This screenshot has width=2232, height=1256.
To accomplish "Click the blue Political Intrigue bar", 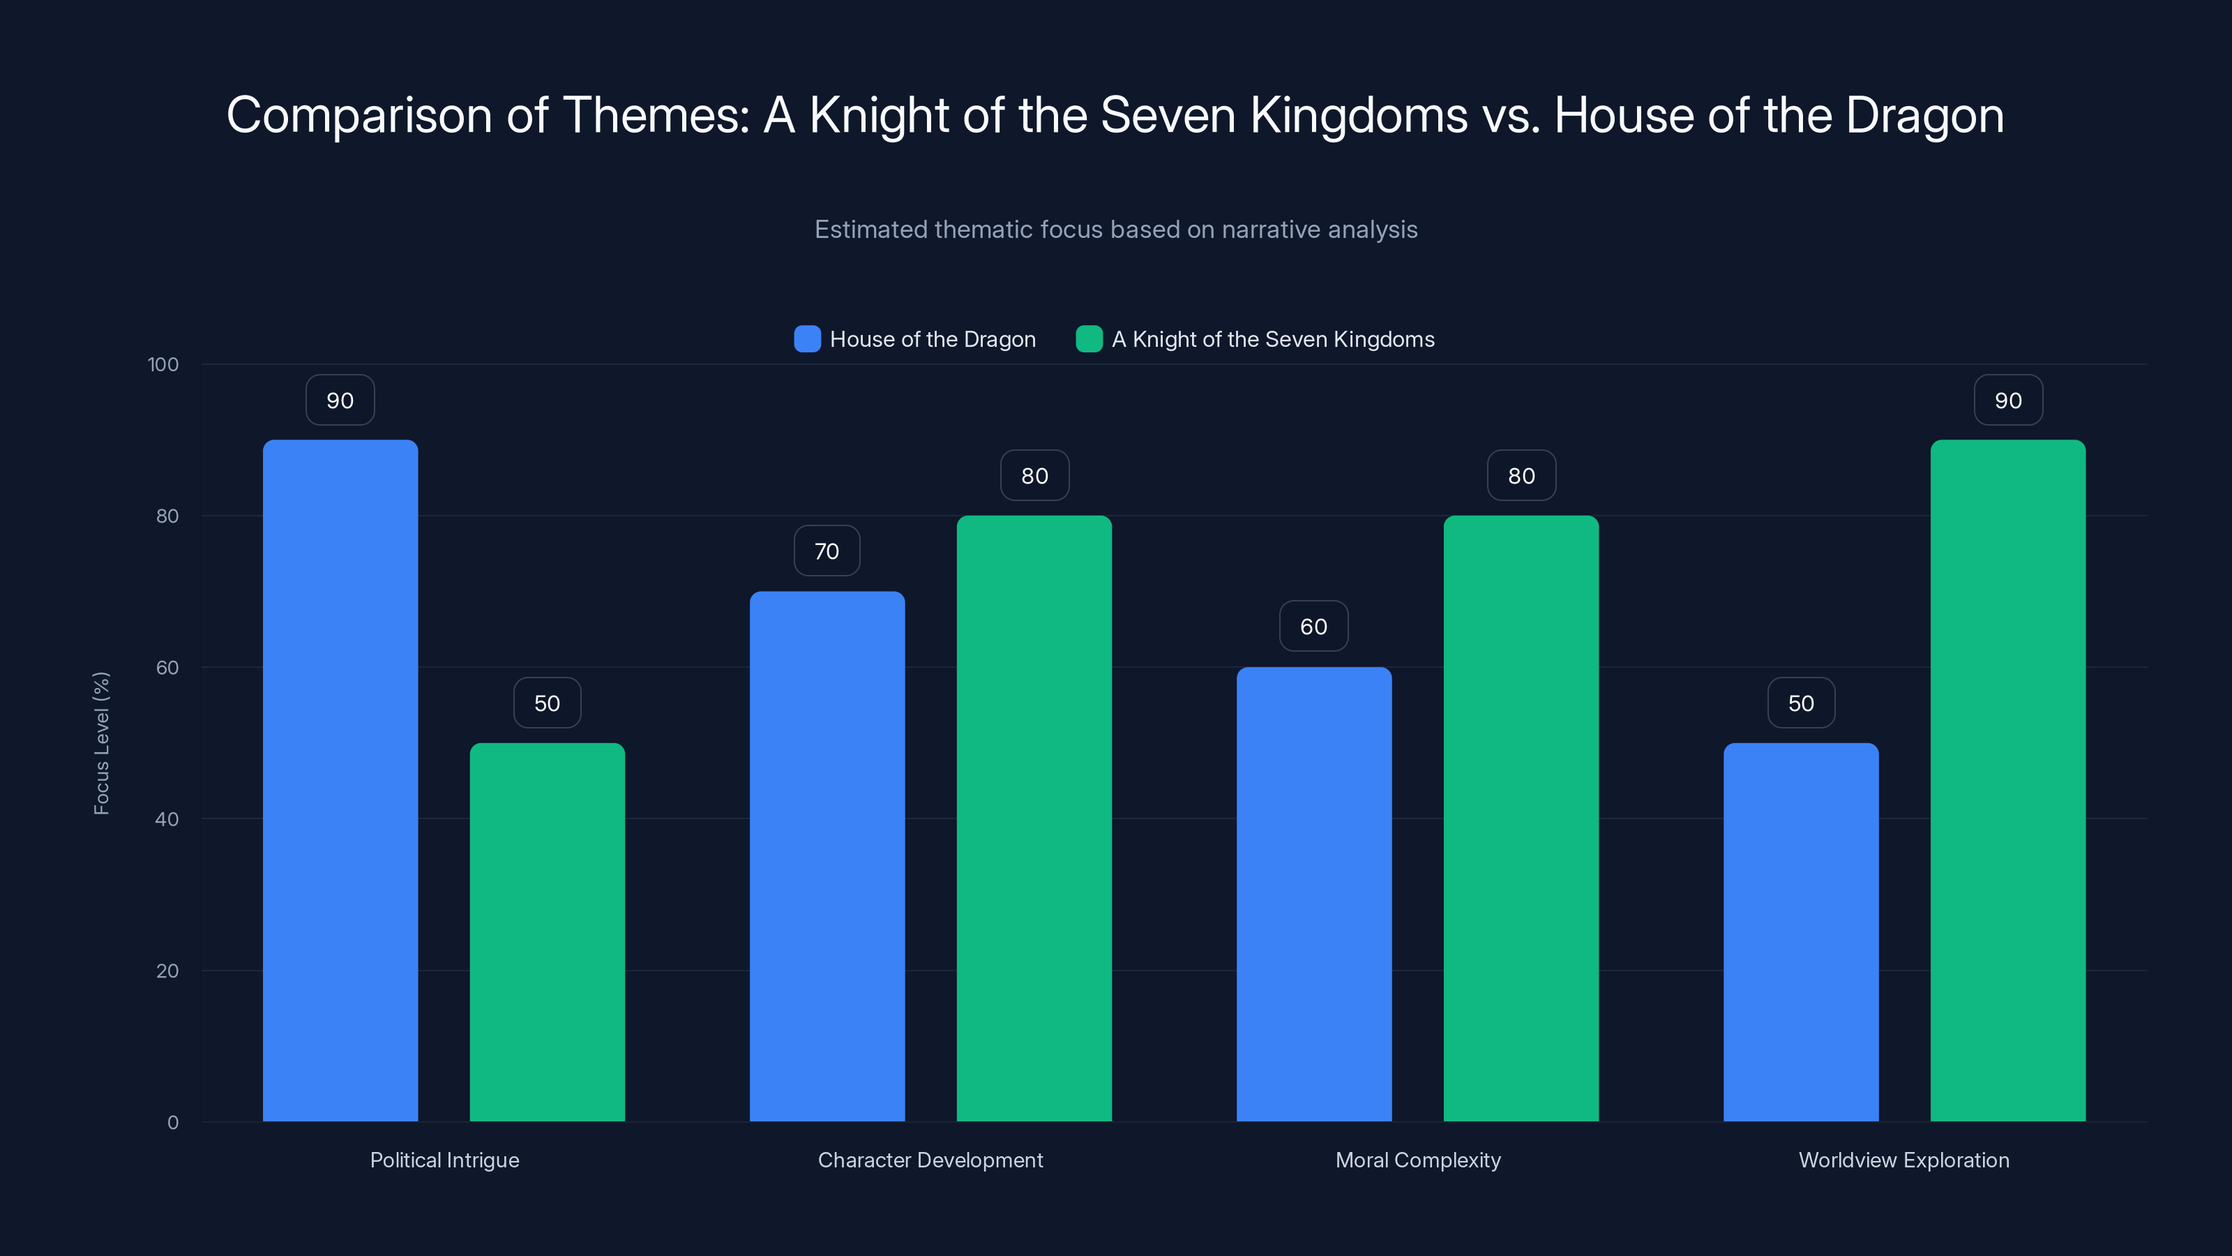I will point(340,780).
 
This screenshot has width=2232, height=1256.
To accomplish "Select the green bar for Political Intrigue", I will point(547,932).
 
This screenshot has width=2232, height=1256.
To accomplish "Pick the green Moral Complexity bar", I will point(1521,818).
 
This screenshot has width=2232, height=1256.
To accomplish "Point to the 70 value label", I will point(827,551).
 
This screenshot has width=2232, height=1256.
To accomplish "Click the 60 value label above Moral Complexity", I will point(1313,627).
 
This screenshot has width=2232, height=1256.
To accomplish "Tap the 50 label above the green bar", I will point(547,703).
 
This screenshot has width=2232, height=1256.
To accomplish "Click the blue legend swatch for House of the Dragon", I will point(807,339).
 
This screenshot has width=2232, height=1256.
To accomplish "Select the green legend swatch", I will point(1088,339).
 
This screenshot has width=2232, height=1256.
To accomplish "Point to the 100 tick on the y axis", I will point(163,364).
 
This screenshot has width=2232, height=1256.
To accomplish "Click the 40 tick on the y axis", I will point(167,819).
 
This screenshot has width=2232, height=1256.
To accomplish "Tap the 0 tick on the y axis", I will point(172,1123).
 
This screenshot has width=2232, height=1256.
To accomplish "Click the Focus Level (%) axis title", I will point(101,743).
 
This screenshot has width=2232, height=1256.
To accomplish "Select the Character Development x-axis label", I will point(930,1160).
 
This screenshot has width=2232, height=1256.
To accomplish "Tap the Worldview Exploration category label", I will point(1903,1160).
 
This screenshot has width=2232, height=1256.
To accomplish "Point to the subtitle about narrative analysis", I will point(1115,230).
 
